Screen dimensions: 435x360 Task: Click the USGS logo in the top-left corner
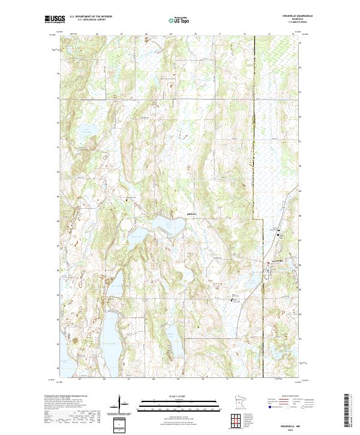click(x=54, y=20)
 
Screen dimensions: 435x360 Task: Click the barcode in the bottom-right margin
click(x=347, y=410)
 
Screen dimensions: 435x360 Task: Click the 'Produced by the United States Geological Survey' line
click(x=66, y=397)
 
